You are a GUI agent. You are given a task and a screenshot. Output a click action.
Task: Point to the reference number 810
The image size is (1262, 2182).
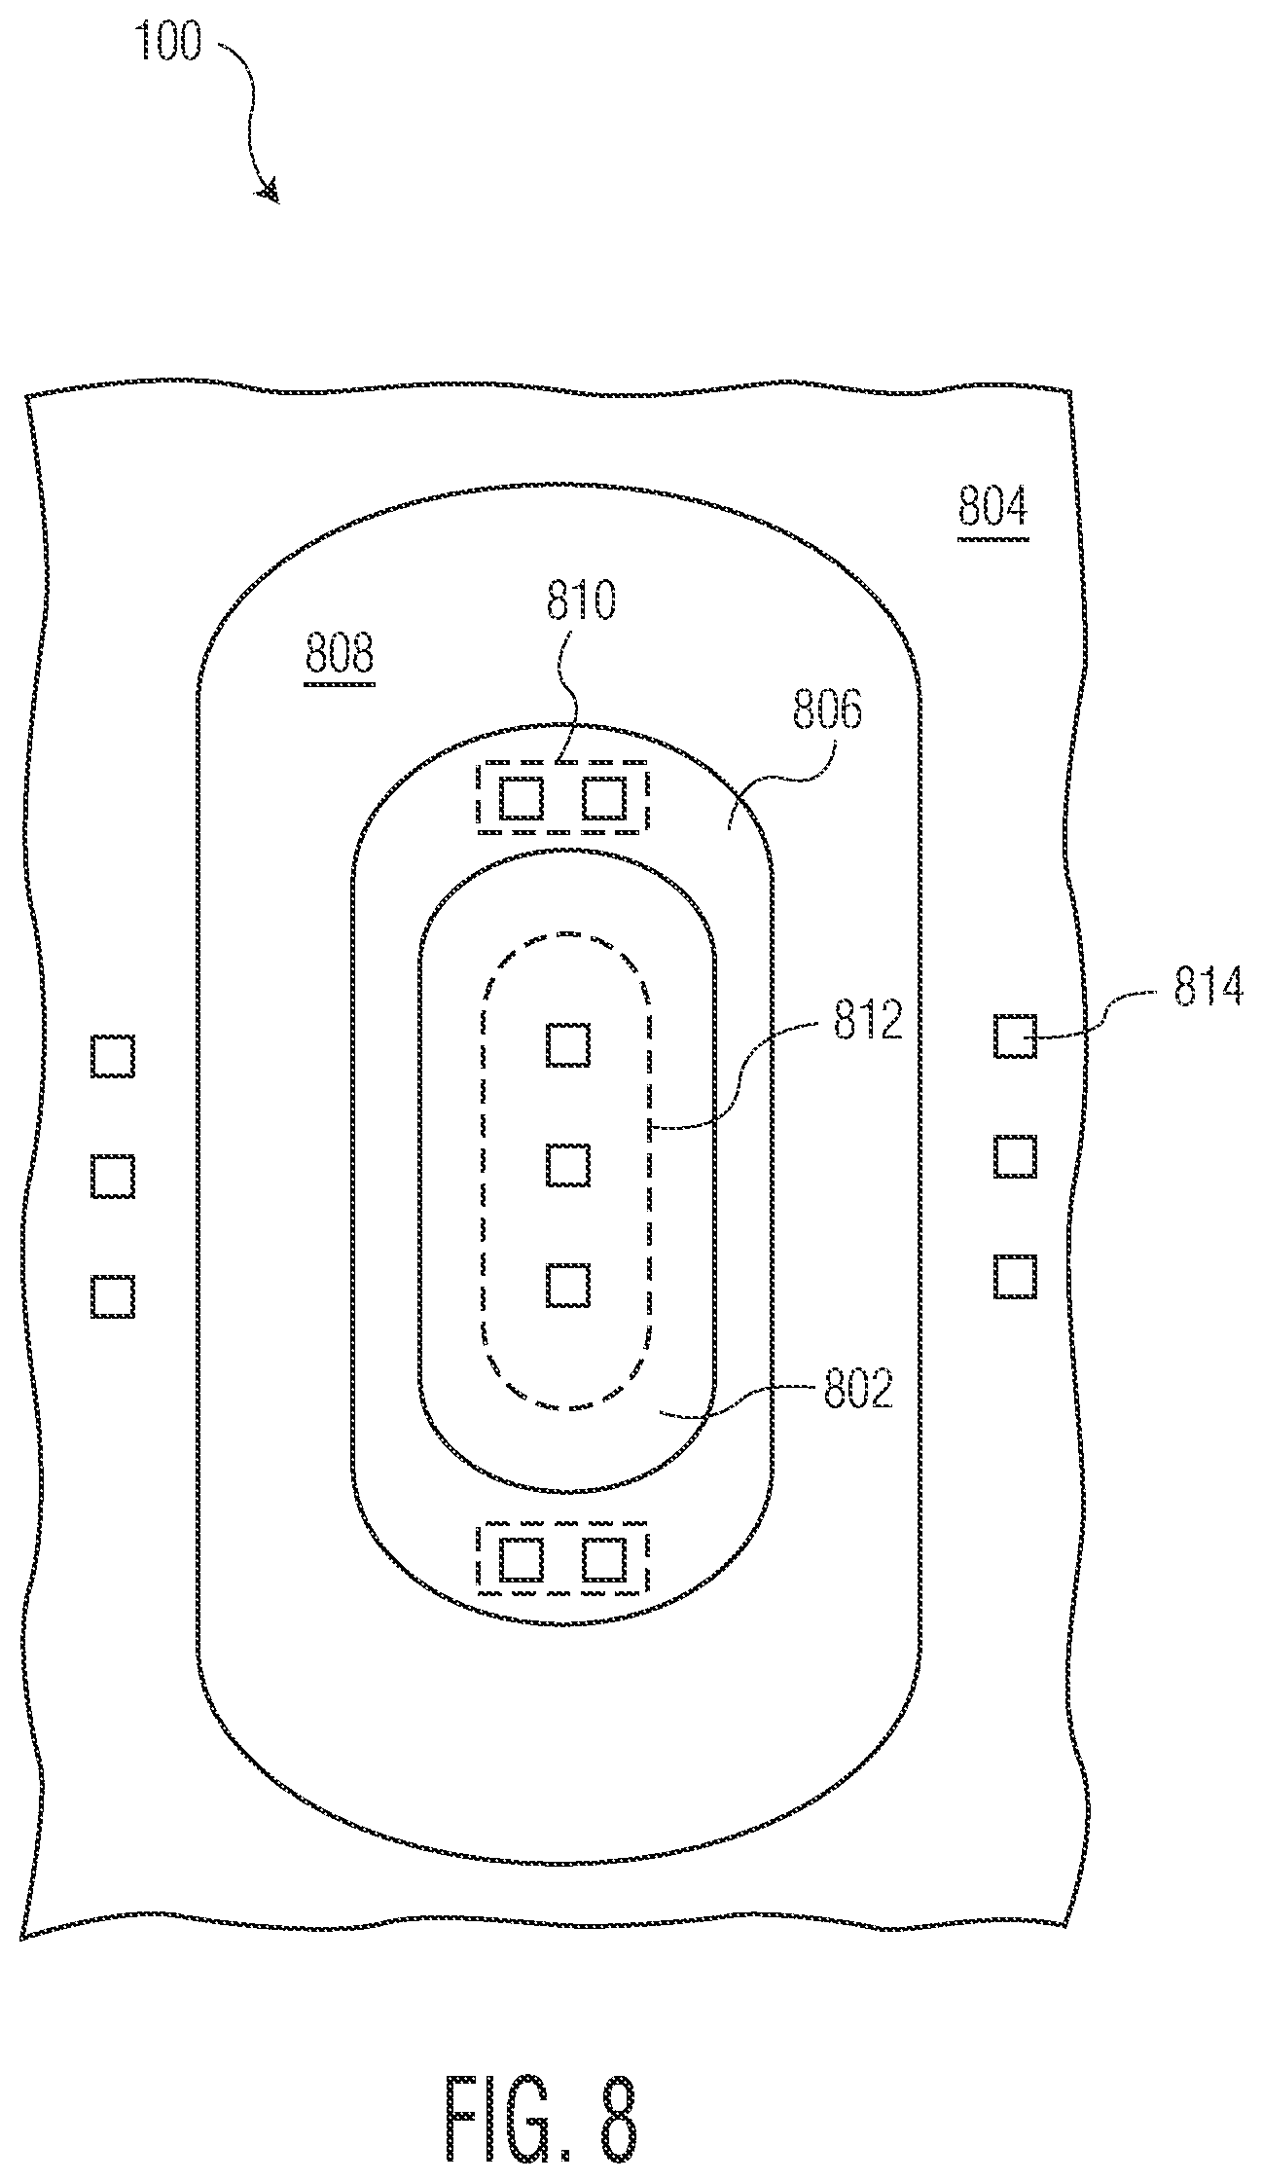pos(581,600)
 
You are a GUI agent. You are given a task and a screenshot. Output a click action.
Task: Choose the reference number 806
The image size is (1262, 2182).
pos(827,711)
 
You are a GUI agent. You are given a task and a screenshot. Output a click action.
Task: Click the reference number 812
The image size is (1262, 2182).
pos(868,1023)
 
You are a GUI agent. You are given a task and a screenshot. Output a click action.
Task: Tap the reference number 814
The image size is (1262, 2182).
pos(1208,988)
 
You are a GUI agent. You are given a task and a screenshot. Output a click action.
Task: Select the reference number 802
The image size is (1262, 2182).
pos(858,1391)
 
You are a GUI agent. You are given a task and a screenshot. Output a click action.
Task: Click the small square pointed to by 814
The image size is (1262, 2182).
pos(1015,1036)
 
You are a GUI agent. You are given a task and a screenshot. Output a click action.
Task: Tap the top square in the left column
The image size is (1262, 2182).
pos(113,1056)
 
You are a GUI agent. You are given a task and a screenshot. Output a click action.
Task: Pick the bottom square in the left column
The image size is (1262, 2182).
pos(113,1296)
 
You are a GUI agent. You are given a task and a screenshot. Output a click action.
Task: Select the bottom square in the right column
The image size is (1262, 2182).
pos(1015,1276)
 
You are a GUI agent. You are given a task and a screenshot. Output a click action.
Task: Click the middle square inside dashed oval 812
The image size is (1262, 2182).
pos(568,1165)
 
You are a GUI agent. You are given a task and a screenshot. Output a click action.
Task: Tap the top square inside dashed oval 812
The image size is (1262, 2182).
pos(568,1044)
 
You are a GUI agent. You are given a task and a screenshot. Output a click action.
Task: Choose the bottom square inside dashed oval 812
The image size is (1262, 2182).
pos(568,1286)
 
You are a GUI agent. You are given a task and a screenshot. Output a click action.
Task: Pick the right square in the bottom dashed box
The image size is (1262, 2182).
pos(603,1560)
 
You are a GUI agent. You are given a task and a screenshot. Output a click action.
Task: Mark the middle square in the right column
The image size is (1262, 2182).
pos(1015,1156)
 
